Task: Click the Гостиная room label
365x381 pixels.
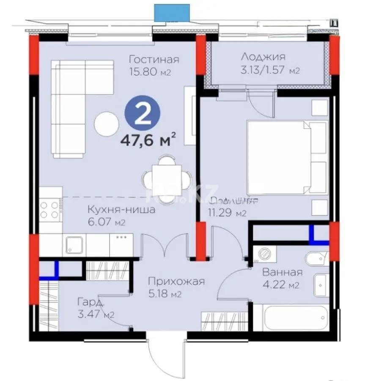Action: tap(154, 59)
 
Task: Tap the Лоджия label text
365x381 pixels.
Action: tap(263, 57)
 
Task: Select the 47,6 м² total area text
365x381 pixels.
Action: tap(148, 139)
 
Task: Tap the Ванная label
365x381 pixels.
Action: tap(282, 272)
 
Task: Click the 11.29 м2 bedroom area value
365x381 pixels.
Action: tap(227, 213)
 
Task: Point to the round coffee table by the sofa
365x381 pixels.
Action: tap(106, 123)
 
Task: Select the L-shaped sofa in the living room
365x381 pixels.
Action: tap(74, 102)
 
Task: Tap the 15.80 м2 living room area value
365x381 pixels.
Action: tap(150, 72)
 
